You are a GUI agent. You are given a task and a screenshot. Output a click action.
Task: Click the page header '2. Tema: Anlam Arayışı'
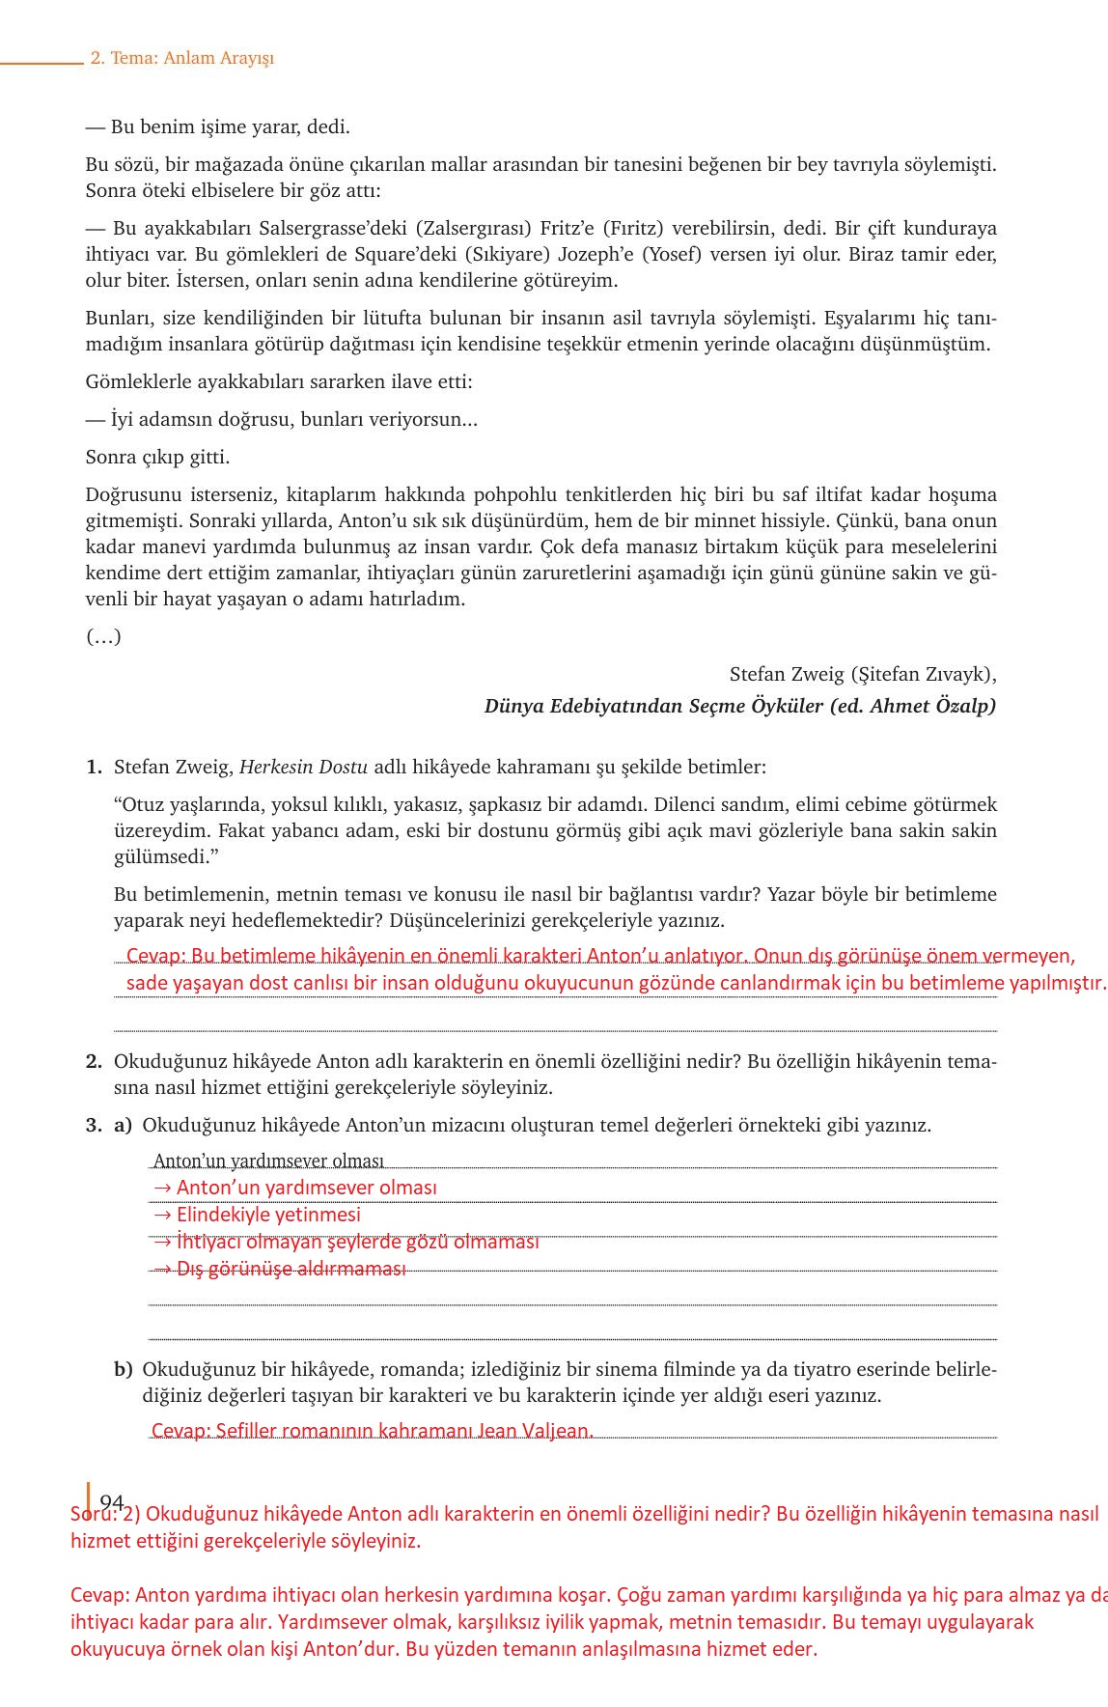(182, 58)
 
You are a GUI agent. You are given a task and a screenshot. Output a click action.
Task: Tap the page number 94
(111, 1501)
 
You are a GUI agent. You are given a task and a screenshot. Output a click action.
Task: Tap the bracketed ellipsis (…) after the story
(103, 636)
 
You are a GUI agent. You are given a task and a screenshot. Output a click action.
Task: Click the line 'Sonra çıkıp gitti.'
(157, 458)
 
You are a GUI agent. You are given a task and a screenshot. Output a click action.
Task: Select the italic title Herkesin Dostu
(303, 768)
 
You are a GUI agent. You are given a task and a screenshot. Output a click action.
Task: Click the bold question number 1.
(94, 768)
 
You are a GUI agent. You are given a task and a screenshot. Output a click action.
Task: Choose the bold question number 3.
(94, 1125)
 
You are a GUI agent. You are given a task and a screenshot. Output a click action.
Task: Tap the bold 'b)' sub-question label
(123, 1369)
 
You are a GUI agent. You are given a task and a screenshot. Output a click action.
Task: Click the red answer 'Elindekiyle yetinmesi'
(268, 1215)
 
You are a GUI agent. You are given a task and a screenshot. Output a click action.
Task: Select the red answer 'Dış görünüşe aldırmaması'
(291, 1269)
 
